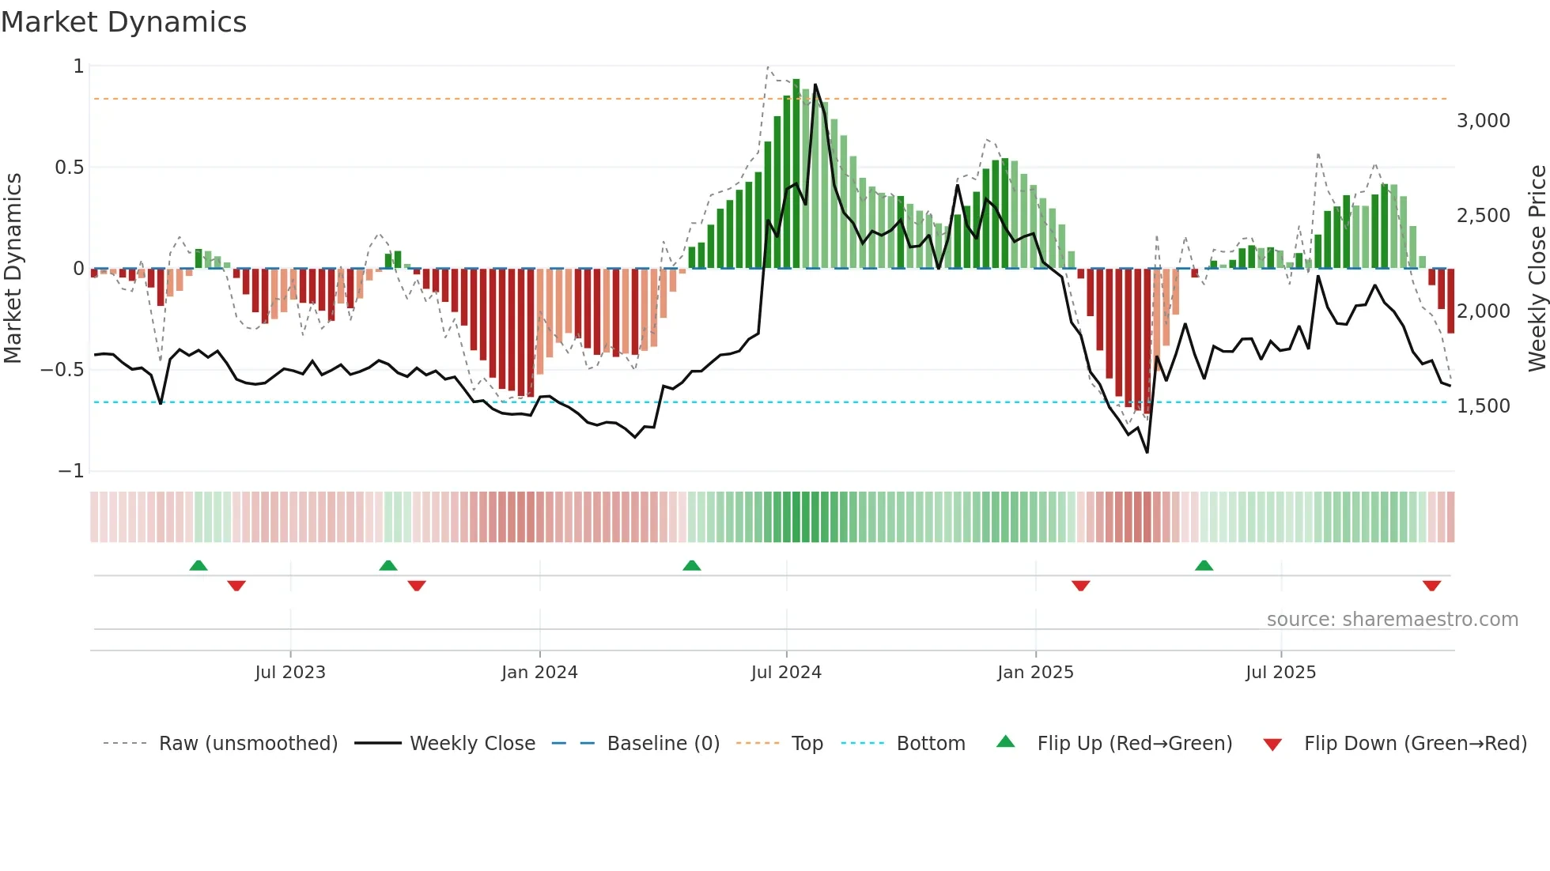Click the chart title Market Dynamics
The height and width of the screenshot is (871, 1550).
click(x=124, y=22)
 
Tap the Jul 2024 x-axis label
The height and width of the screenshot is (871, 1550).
click(x=786, y=673)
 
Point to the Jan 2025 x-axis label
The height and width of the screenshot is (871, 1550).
click(x=1035, y=673)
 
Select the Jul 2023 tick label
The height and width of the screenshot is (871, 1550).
click(x=290, y=673)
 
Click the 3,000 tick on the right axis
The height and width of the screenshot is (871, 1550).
click(x=1483, y=121)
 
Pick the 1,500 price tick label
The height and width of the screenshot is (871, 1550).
click(x=1483, y=406)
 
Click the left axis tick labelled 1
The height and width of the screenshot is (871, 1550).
click(x=78, y=66)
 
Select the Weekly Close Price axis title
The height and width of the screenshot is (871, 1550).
click(x=1537, y=269)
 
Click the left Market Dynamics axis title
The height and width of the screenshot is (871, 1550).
click(x=13, y=269)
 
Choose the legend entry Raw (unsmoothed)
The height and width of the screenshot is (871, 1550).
click(x=248, y=744)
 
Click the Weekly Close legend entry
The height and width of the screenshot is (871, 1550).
click(x=472, y=744)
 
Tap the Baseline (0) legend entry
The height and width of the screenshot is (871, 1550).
click(x=663, y=744)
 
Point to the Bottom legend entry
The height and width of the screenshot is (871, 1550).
click(x=930, y=744)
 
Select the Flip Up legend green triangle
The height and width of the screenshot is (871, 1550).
click(x=1005, y=741)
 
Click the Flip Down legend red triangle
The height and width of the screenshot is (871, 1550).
click(x=1272, y=745)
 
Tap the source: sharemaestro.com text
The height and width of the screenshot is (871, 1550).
click(x=1392, y=620)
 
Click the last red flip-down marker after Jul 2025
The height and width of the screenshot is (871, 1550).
click(x=1431, y=586)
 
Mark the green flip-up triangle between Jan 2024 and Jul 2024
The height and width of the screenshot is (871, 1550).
click(x=692, y=565)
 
